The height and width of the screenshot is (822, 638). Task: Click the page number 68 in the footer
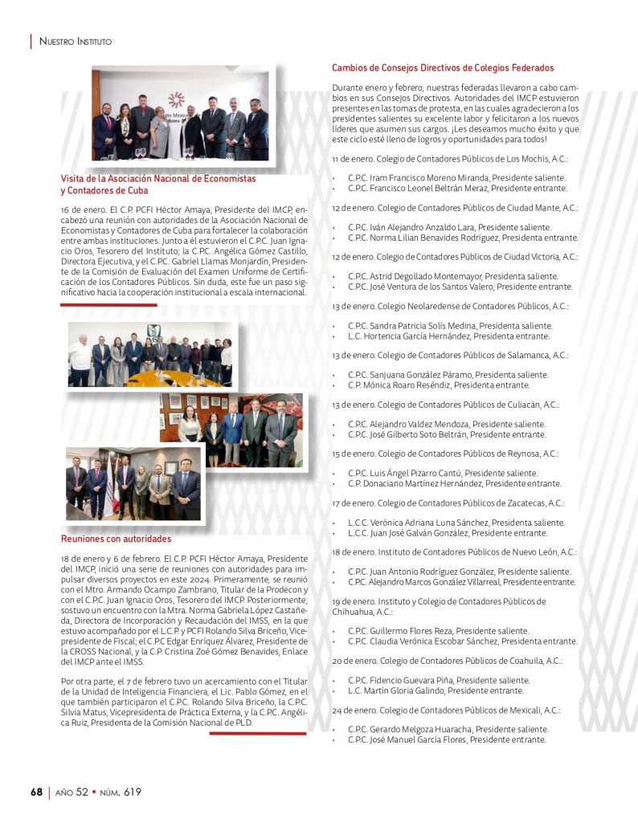click(x=36, y=792)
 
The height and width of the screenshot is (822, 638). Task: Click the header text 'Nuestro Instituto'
click(x=76, y=40)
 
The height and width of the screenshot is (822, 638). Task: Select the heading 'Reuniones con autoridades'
click(x=116, y=539)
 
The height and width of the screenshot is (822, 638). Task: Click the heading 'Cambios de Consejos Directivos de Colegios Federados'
click(x=443, y=68)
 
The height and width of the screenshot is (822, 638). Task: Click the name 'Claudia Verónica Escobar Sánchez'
click(x=439, y=641)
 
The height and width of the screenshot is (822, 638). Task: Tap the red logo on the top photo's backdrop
click(x=176, y=100)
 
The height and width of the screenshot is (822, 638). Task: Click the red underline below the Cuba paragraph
click(x=108, y=305)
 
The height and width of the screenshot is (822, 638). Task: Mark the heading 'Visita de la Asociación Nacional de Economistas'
click(x=158, y=179)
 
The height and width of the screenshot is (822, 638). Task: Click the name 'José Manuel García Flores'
click(x=417, y=739)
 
